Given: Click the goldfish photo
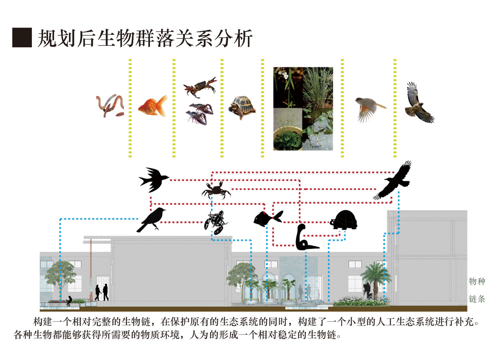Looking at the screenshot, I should [x=153, y=106].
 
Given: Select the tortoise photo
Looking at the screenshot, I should [x=243, y=107].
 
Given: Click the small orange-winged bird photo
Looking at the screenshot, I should [x=369, y=108].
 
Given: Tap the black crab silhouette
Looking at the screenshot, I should [x=216, y=190].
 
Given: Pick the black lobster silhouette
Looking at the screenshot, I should [x=216, y=222].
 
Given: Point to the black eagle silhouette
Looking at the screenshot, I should [x=394, y=182].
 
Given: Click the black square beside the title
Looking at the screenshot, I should [x=22, y=38].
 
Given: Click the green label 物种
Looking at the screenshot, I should [x=477, y=281].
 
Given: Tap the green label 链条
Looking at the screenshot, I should [x=477, y=299].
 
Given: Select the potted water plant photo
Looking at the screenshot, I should [x=288, y=129].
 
